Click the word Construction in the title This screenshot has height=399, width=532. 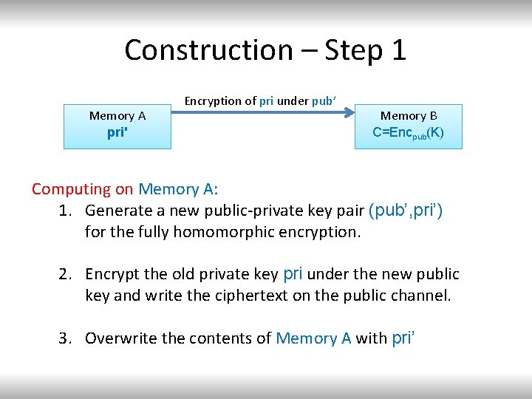[208, 50]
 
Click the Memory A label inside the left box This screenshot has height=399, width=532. [117, 116]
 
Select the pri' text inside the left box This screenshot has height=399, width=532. [117, 134]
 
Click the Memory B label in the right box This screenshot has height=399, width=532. [409, 116]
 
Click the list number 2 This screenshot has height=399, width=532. [65, 275]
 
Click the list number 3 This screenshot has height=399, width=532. [65, 338]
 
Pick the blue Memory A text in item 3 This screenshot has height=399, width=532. [313, 338]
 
